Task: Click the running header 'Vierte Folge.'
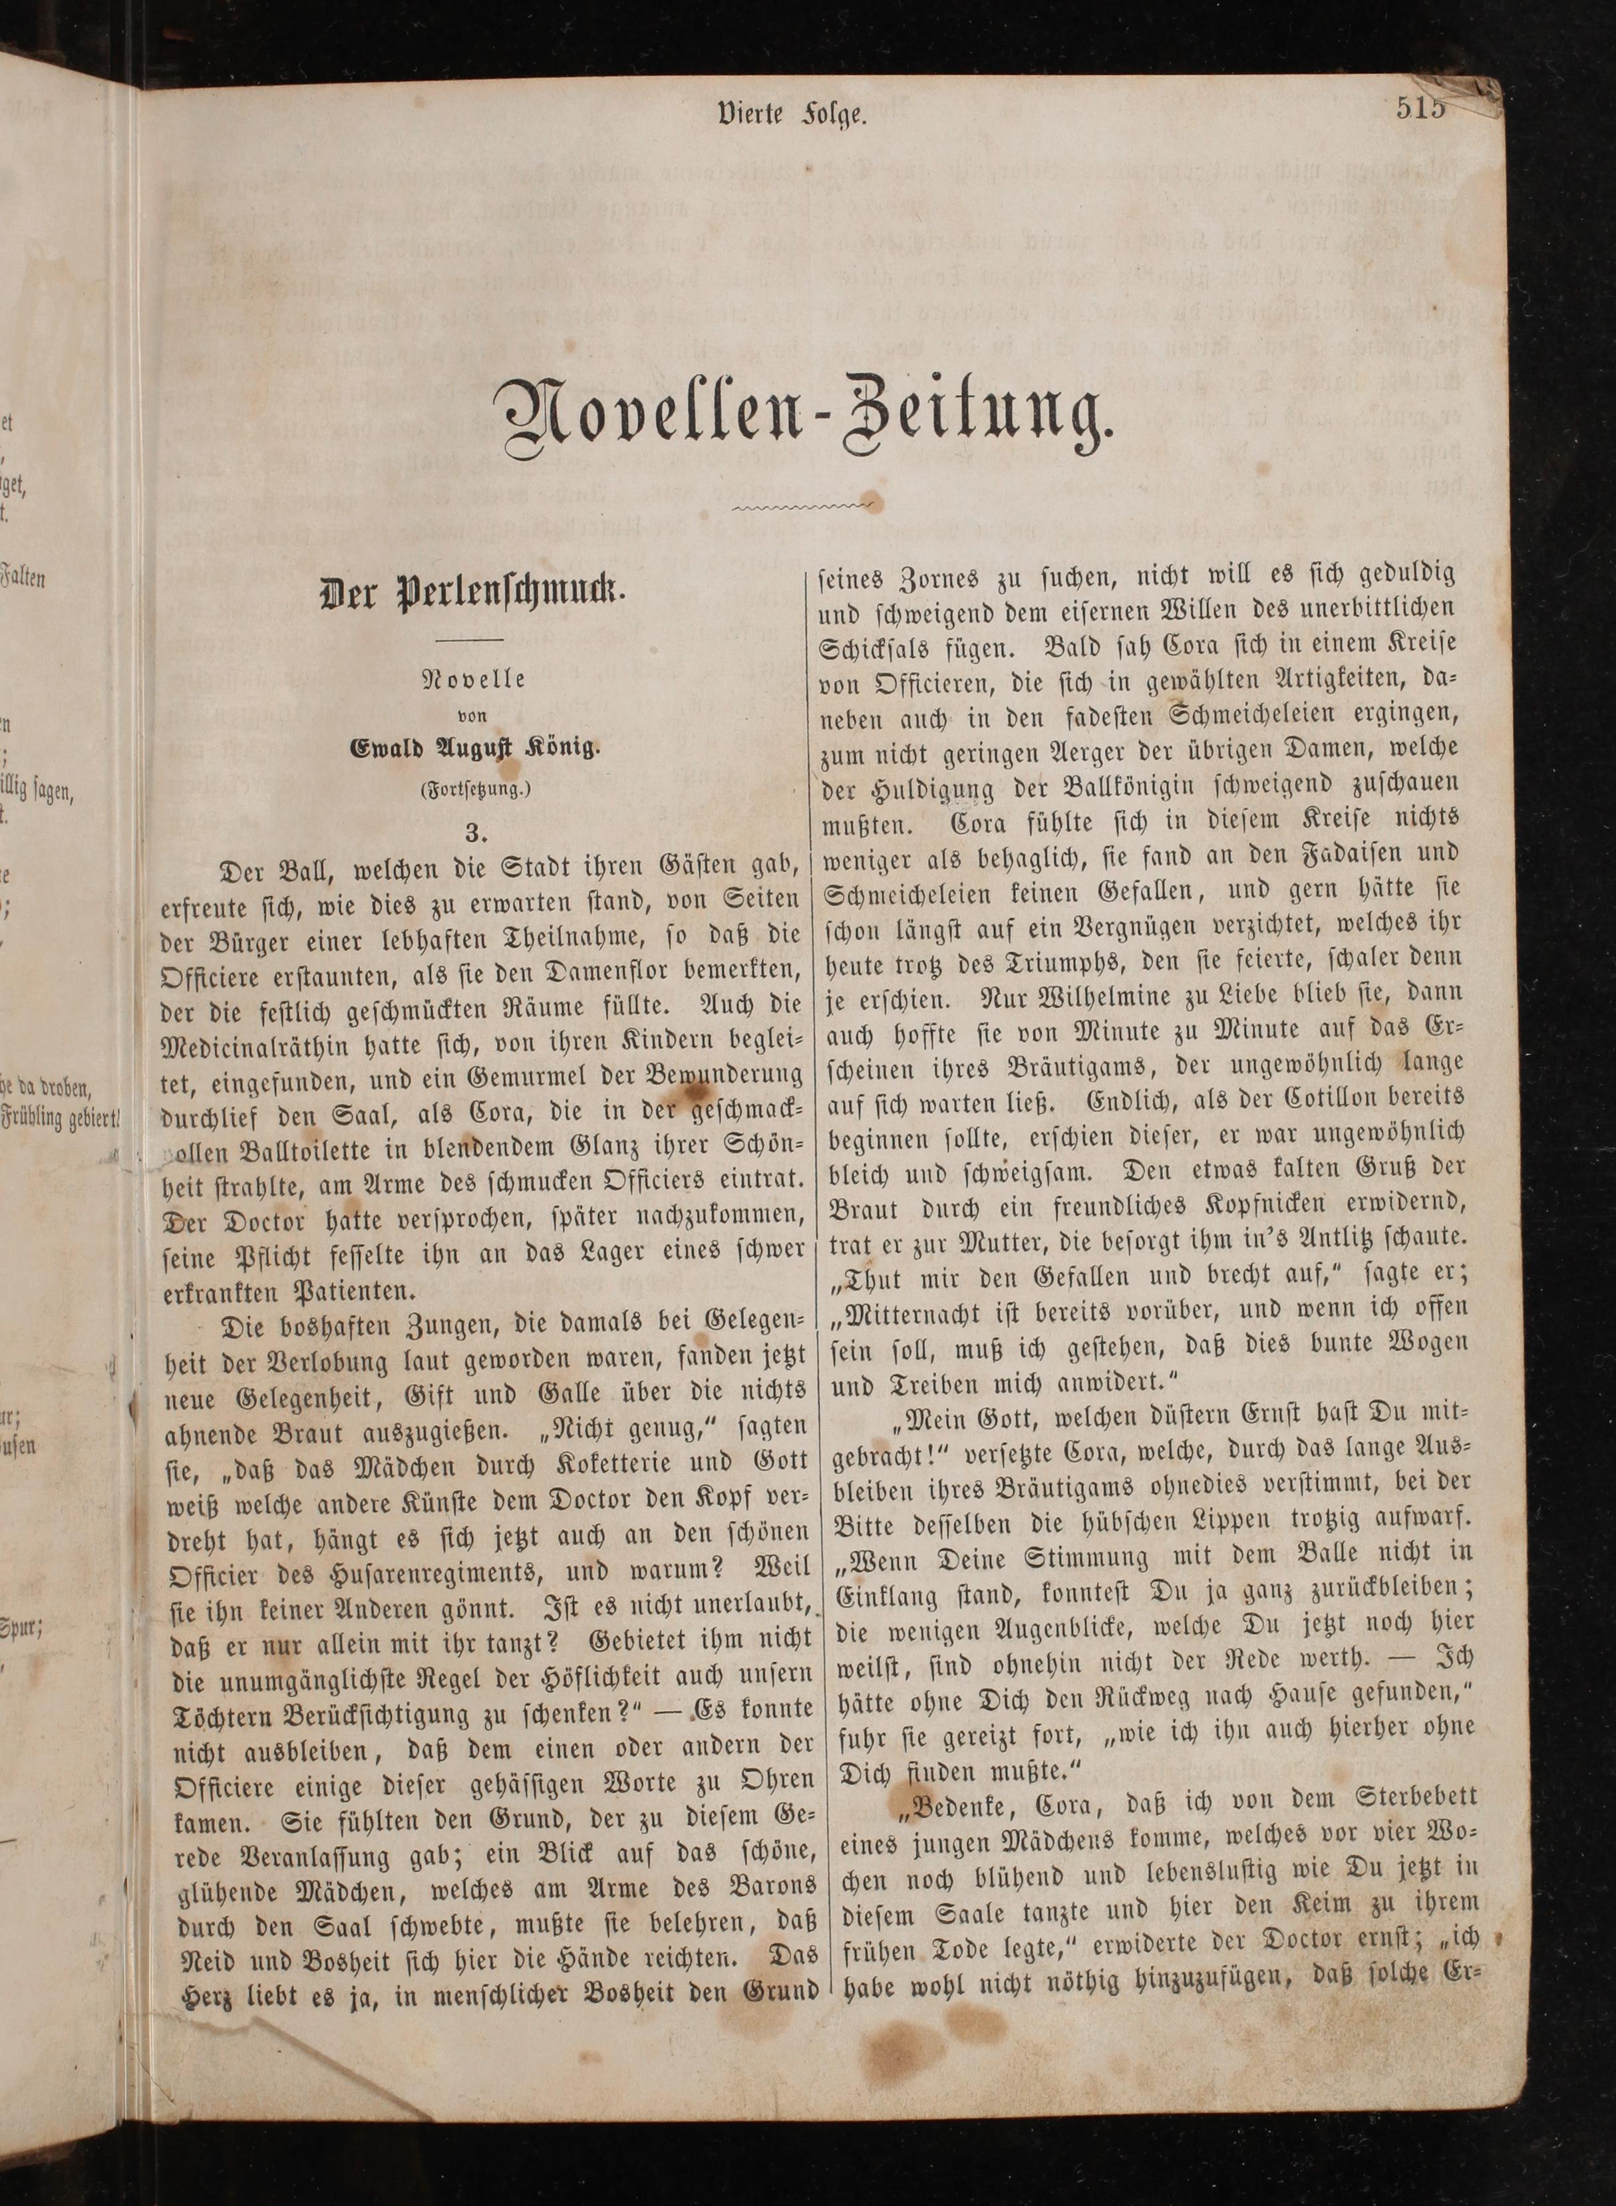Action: [792, 115]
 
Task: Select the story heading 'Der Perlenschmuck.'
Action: [472, 595]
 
